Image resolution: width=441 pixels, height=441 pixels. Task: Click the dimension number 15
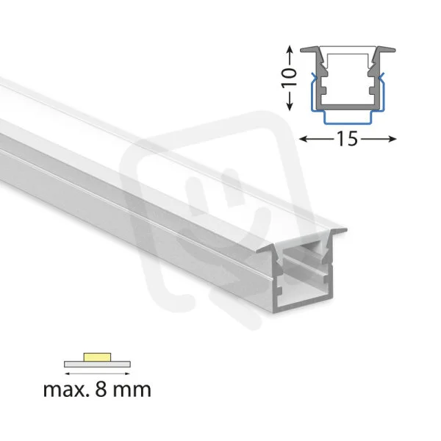pos(348,139)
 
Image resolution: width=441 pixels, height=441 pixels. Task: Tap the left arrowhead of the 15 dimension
pos(303,139)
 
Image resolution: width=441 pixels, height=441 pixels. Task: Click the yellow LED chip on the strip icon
pos(97,357)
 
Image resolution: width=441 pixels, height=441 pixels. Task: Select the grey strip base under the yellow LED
pos(97,365)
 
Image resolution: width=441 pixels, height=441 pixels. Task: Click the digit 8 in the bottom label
pos(101,390)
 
